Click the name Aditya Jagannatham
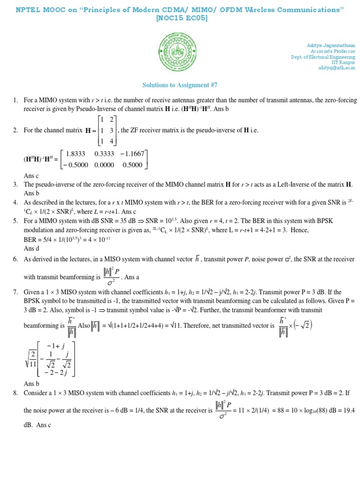click(x=330, y=45)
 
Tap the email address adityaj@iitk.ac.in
click(x=337, y=68)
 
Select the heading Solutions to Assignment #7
click(x=180, y=85)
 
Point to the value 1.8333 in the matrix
click(x=75, y=154)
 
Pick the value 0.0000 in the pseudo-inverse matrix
click(x=104, y=165)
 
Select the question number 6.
click(x=15, y=259)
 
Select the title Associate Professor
click(x=332, y=51)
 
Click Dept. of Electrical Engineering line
click(x=323, y=57)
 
